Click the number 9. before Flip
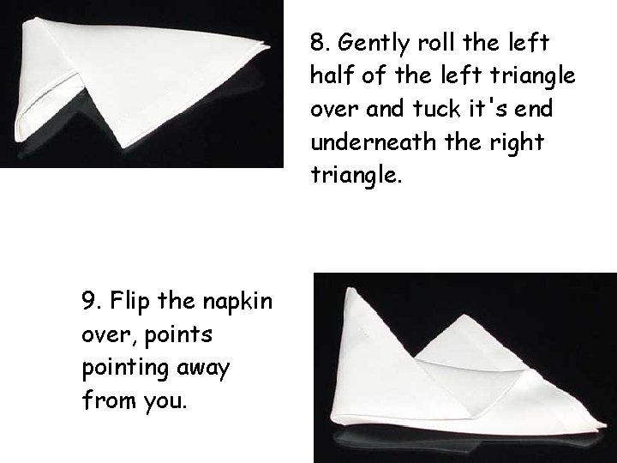tap(92, 302)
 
